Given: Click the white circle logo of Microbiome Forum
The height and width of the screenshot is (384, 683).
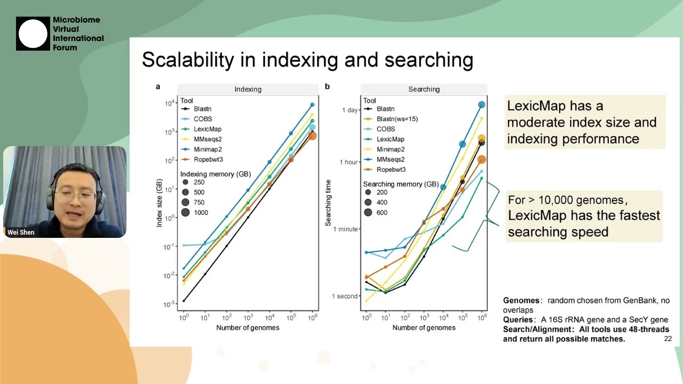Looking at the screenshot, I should [33, 34].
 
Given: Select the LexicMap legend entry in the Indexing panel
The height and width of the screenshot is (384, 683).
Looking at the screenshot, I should [207, 129].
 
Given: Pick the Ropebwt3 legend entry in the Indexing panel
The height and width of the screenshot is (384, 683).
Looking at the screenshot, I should [208, 159].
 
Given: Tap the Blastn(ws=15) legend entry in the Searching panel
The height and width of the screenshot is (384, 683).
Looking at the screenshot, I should [397, 119].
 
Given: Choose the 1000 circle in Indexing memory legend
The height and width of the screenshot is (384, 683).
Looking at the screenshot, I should [186, 213].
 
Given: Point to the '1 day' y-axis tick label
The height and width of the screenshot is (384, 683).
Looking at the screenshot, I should [350, 110].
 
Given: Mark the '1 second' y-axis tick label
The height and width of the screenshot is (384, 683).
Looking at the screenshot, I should [345, 297].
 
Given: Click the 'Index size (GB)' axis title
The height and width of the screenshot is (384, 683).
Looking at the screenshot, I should [159, 204].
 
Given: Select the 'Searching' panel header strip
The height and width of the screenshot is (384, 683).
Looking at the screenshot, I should [424, 90].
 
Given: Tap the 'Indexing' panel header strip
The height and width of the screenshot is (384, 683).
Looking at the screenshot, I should [248, 90].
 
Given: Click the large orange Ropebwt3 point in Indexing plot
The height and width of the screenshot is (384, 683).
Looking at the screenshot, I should [313, 136].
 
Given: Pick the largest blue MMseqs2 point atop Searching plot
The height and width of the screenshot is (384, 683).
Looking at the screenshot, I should [481, 105].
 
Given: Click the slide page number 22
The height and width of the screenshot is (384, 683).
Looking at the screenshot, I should [668, 339].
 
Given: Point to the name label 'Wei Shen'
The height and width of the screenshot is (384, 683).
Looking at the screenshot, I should [21, 233].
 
